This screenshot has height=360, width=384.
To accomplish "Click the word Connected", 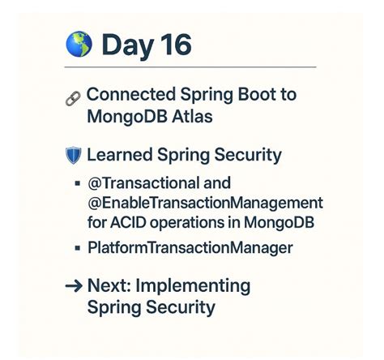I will pyautogui.click(x=126, y=94).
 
